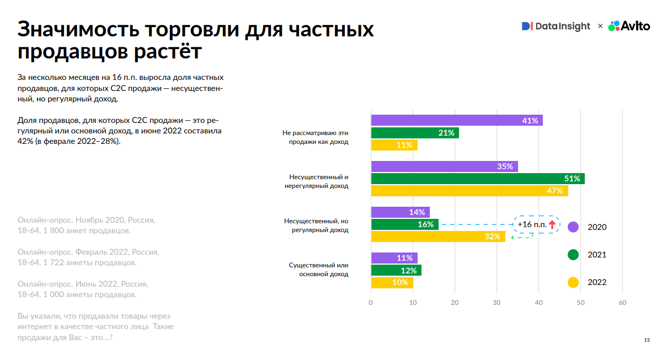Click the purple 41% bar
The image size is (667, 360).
[x=457, y=120]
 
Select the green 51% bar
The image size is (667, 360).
[x=478, y=179]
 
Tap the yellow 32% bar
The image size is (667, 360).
[x=438, y=237]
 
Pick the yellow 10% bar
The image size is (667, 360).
[x=392, y=282]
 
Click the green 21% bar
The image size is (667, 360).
[x=415, y=133]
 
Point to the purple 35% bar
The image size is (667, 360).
[x=444, y=166]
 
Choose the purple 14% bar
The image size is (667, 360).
[x=400, y=212]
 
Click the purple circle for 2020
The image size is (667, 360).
[x=573, y=227]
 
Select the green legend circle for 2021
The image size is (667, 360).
[x=573, y=255]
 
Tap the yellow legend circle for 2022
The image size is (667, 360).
[x=573, y=282]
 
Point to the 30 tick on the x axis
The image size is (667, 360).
[x=497, y=302]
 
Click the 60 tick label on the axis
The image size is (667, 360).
[x=622, y=302]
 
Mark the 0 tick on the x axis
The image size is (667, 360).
[x=371, y=302]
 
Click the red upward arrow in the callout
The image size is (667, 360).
[x=552, y=224]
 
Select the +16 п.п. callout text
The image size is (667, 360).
[x=532, y=224]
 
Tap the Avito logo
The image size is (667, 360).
[x=629, y=26]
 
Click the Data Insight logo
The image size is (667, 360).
[x=556, y=26]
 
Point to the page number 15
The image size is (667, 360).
[x=647, y=340]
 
